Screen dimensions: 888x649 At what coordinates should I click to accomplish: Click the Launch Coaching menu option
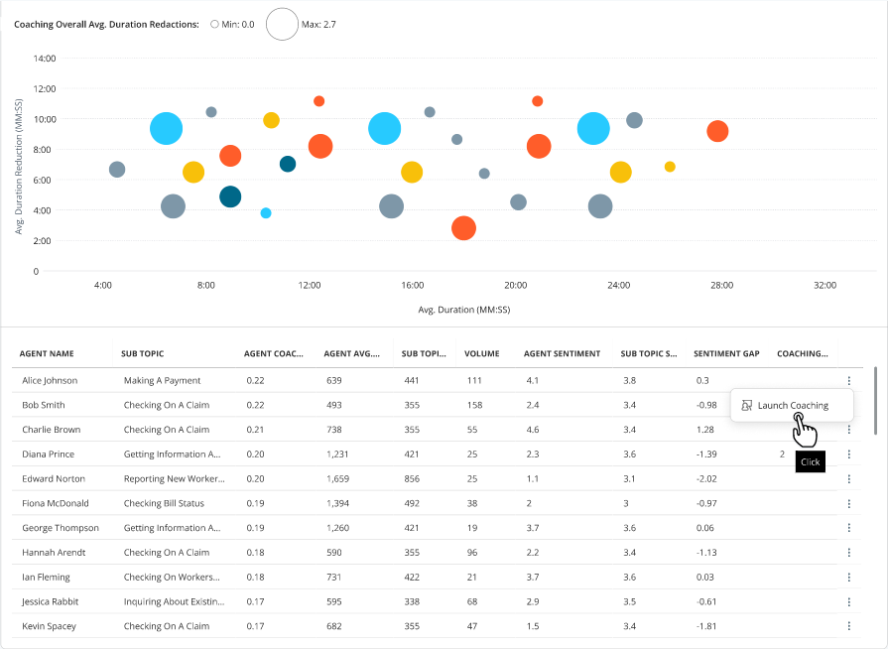[792, 406]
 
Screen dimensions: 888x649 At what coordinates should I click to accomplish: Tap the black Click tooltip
[810, 462]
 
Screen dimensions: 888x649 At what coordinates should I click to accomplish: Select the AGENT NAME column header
[47, 354]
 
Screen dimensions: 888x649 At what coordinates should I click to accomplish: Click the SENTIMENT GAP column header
[726, 354]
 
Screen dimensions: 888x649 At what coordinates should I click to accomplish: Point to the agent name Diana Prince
[49, 454]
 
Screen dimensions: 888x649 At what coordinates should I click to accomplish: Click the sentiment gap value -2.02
[706, 479]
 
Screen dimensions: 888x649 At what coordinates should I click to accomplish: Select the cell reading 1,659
[337, 479]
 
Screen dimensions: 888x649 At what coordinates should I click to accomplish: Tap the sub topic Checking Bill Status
[164, 503]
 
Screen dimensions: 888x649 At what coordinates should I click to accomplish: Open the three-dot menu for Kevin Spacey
[849, 626]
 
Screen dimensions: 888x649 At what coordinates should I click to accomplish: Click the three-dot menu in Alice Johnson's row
[849, 380]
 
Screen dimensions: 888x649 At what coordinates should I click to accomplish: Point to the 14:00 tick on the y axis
[45, 59]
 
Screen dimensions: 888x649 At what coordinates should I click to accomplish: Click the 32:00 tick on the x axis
[825, 286]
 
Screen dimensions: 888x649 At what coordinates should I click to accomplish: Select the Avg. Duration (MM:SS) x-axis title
[463, 310]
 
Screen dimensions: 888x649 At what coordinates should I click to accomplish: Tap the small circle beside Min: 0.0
[214, 25]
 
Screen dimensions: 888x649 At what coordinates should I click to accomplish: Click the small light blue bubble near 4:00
[266, 213]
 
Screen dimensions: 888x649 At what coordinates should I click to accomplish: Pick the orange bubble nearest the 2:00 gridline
[463, 228]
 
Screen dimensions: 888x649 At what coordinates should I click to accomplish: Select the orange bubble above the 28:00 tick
[717, 131]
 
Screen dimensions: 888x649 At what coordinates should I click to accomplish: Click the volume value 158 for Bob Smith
[474, 406]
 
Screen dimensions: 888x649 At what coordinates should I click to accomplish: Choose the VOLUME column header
[482, 354]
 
